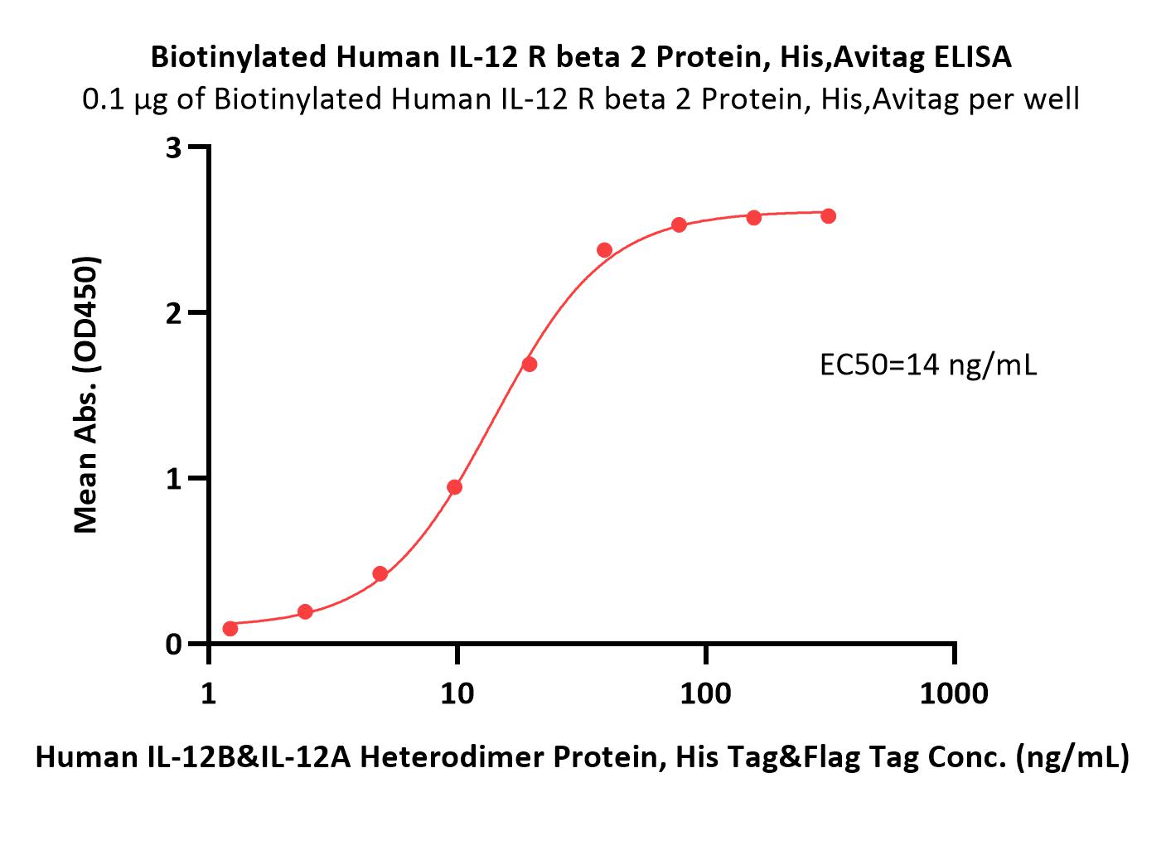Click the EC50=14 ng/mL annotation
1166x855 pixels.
pos(928,366)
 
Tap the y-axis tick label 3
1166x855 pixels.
pos(173,148)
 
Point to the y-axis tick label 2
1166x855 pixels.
pos(173,313)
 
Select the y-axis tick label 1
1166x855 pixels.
pos(174,479)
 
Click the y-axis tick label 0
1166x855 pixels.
pos(173,645)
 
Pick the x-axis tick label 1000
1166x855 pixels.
pos(954,693)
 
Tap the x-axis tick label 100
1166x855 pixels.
pos(705,693)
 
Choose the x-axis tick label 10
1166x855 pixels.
pos(457,693)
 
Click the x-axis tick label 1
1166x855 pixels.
pos(209,693)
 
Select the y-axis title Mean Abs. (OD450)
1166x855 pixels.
pos(86,395)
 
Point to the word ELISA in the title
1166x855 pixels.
pos(972,57)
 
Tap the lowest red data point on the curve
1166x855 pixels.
pos(230,629)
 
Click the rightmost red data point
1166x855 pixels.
pos(828,216)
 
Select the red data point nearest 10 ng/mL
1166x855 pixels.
pos(454,487)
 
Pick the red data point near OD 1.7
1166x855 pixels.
pos(530,365)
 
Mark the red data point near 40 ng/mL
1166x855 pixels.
pos(604,250)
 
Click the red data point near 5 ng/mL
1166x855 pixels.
pos(380,574)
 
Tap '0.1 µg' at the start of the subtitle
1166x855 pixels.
pos(125,100)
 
